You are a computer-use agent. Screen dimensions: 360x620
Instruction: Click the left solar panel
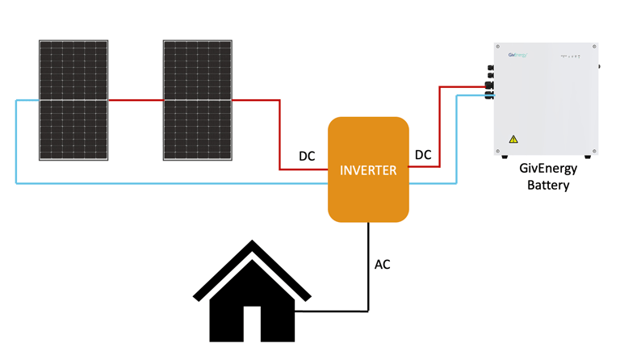(x=73, y=99)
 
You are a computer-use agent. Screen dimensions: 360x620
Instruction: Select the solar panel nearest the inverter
(x=198, y=99)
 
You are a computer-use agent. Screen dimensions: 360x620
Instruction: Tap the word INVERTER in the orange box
(x=368, y=170)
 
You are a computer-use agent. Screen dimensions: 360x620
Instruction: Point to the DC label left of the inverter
(x=307, y=156)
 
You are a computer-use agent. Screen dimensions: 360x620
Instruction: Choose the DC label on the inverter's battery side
(x=423, y=154)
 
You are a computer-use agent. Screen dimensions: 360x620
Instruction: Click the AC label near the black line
(x=383, y=264)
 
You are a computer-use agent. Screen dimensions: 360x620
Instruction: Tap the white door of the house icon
(x=252, y=324)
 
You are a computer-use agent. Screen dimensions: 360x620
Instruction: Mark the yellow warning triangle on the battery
(x=513, y=140)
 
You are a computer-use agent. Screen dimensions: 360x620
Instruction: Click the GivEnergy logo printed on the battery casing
(x=518, y=55)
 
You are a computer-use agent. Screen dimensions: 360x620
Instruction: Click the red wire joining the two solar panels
(x=136, y=100)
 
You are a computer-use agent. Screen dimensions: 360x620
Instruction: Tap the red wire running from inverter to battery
(x=440, y=129)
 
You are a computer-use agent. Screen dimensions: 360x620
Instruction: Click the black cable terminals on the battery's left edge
(x=489, y=89)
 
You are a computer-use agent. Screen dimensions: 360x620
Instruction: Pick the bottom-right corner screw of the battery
(x=594, y=151)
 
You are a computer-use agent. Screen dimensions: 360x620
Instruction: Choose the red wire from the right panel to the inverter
(x=279, y=133)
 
